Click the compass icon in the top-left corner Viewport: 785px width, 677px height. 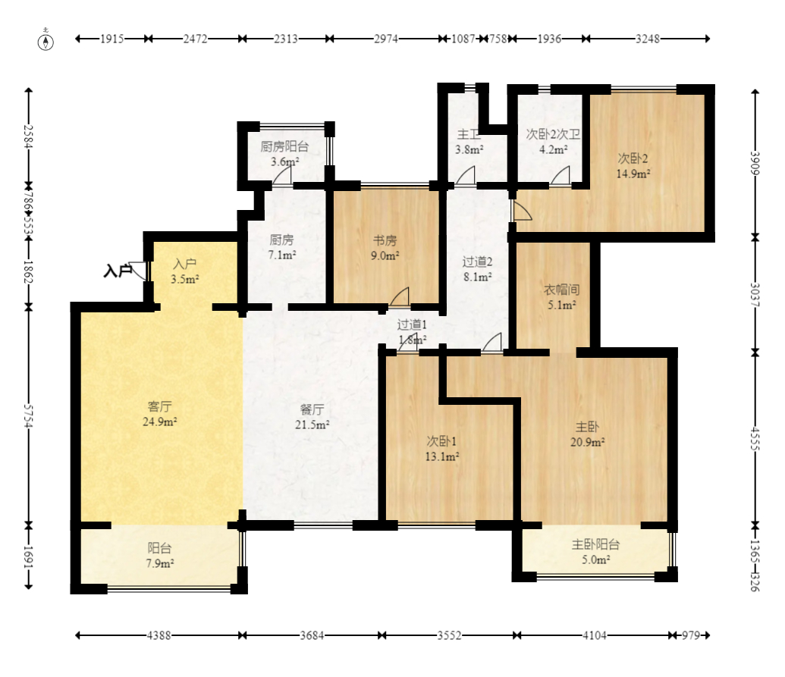pos(46,42)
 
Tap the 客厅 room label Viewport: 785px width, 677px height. pos(160,406)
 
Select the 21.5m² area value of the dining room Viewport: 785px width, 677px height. pos(312,425)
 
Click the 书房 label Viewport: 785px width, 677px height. pos(385,240)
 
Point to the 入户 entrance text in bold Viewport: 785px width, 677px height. pos(117,271)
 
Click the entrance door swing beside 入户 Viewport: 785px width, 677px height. pos(138,270)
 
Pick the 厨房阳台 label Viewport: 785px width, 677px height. pos(284,146)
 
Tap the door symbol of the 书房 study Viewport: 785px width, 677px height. pos(400,296)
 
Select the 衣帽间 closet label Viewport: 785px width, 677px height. pos(562,290)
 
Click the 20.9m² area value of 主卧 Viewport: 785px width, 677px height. pos(588,442)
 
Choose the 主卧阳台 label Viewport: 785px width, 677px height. pos(595,544)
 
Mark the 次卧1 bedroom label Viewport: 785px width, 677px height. pos(441,441)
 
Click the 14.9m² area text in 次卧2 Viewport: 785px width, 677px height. pos(633,174)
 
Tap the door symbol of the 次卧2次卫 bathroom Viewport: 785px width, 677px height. pos(560,176)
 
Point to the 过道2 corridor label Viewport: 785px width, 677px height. pos(477,262)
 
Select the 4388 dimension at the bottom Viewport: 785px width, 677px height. pos(159,635)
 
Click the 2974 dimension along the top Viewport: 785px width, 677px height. pos(386,39)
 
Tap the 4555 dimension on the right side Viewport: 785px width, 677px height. pos(755,439)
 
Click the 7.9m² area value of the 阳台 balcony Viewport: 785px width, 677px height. pos(160,563)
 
